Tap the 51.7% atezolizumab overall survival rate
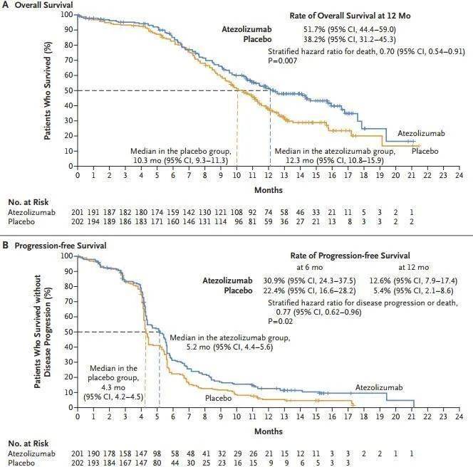(x=314, y=28)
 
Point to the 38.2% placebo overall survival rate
(x=314, y=40)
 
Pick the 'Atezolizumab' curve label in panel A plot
(x=420, y=132)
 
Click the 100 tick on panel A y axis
(x=66, y=14)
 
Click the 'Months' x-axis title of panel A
(x=268, y=190)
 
